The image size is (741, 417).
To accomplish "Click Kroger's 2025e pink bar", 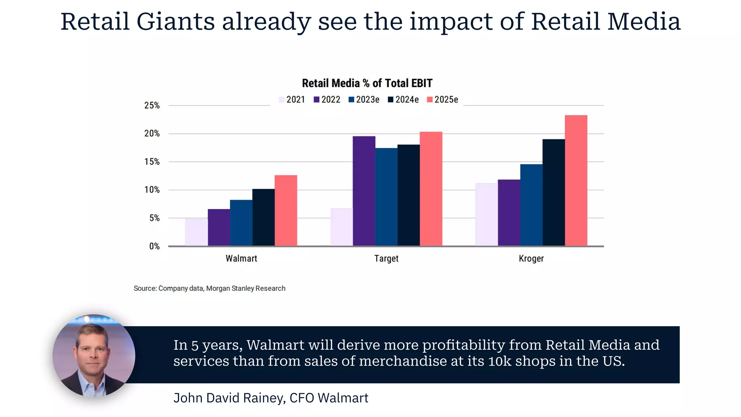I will pos(576,181).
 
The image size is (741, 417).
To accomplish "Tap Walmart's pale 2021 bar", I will pos(196,232).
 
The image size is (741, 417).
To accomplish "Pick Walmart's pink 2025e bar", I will pos(285,211).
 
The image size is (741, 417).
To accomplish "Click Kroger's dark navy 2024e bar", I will pos(553,193).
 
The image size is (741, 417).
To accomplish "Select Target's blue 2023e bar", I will pos(386,197).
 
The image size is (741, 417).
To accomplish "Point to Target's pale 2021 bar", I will pos(341,227).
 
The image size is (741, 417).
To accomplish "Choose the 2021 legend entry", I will pos(292,100).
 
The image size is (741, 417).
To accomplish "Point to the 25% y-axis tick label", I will pos(152,105).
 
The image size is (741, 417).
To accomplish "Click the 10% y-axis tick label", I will pos(152,190).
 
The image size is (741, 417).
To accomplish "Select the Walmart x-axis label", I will pos(241,258).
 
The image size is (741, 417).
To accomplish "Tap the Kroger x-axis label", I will pos(531,258).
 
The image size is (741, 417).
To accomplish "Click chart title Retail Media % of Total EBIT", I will pos(367,83).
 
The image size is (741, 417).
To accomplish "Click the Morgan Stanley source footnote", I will pos(209,288).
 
